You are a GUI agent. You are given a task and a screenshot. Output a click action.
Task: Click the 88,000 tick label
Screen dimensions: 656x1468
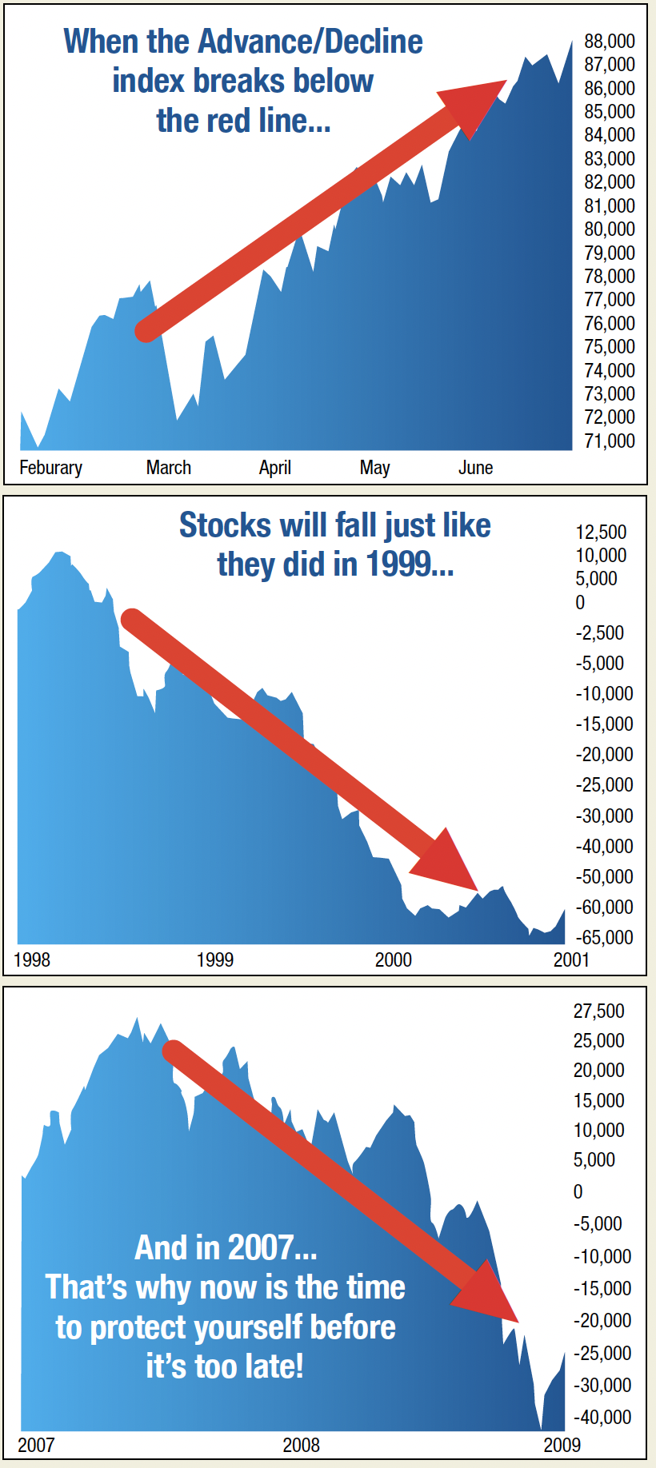pyautogui.click(x=610, y=41)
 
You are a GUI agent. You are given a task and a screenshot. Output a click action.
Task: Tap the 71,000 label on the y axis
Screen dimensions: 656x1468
pyautogui.click(x=610, y=441)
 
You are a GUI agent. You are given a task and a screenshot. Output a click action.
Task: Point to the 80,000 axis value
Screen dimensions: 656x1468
pyautogui.click(x=610, y=229)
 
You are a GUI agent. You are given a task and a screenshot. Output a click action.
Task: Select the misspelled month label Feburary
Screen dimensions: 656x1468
pyautogui.click(x=50, y=468)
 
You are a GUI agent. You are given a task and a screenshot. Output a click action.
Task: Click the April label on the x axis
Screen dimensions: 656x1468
pyautogui.click(x=275, y=468)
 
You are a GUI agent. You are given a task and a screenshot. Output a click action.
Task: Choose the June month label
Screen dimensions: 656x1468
pyautogui.click(x=475, y=468)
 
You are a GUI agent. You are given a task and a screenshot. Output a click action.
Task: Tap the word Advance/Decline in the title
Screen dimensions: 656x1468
pyautogui.click(x=310, y=42)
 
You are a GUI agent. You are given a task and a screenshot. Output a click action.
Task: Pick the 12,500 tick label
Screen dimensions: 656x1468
pyautogui.click(x=601, y=532)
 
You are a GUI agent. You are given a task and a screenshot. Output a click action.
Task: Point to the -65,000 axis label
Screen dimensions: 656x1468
pyautogui.click(x=604, y=937)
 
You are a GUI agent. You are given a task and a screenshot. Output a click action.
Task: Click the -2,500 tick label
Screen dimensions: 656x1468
pyautogui.click(x=600, y=632)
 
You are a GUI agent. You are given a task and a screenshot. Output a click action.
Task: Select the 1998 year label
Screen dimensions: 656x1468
pyautogui.click(x=32, y=959)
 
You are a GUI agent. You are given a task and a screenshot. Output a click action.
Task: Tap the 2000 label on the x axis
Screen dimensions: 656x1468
pyautogui.click(x=394, y=959)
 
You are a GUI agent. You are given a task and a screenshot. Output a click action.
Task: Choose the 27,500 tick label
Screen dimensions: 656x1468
pyautogui.click(x=599, y=1011)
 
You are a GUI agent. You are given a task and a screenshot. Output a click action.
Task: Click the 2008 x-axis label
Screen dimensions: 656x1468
pyautogui.click(x=301, y=1445)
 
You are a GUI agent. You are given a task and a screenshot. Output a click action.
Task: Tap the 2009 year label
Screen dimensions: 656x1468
pyautogui.click(x=562, y=1445)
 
